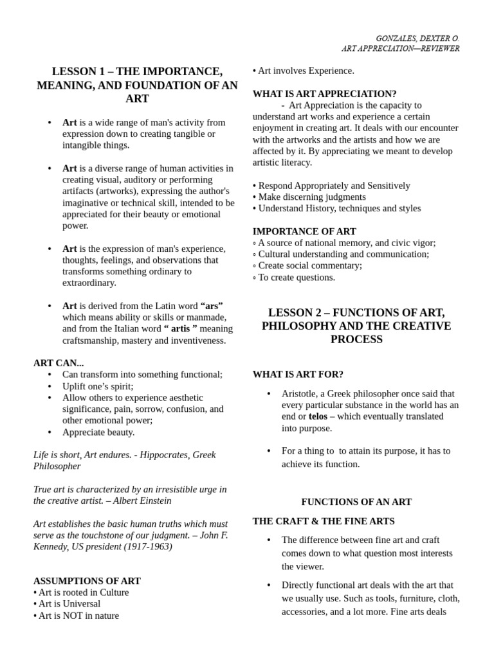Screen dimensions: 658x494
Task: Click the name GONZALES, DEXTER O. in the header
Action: tap(417, 39)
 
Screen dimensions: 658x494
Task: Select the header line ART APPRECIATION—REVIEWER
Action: tap(400, 49)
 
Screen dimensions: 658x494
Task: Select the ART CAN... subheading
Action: tap(59, 363)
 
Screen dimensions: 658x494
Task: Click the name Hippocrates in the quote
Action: tap(160, 455)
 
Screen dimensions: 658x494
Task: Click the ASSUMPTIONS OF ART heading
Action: tap(87, 581)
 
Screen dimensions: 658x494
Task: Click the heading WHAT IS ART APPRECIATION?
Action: tap(324, 94)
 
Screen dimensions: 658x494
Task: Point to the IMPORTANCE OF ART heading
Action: tap(304, 231)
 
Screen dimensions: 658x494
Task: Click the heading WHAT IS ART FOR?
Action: tap(298, 375)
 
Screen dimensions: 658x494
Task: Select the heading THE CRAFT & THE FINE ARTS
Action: tap(324, 521)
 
